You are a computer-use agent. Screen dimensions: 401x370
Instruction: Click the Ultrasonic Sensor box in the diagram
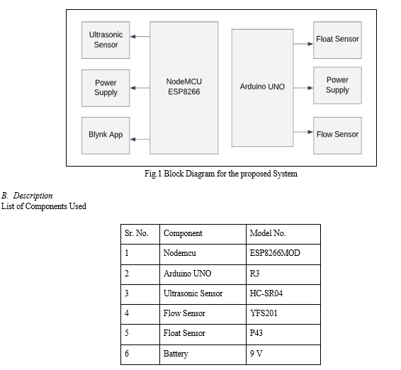tap(106, 40)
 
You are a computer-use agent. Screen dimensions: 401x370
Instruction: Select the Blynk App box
tap(106, 135)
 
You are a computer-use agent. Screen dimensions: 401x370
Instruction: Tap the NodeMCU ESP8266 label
tap(184, 86)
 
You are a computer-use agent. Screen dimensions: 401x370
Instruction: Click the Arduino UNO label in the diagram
tap(262, 86)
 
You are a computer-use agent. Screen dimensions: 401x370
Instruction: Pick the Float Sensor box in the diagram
tap(337, 40)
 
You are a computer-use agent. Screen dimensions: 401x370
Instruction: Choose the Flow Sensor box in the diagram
tap(337, 135)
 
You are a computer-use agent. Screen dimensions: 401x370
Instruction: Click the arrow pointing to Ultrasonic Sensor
tap(140, 37)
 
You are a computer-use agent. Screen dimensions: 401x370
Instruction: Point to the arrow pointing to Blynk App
tap(140, 139)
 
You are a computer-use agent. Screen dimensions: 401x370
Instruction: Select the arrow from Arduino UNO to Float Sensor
tap(303, 44)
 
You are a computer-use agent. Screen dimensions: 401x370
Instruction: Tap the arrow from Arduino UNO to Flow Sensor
tap(303, 132)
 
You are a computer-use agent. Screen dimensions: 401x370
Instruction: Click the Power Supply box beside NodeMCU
tap(106, 88)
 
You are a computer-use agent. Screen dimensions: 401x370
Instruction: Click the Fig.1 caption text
tap(221, 174)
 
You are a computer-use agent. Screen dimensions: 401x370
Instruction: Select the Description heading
tap(27, 196)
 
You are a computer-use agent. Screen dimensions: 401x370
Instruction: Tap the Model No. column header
tap(283, 234)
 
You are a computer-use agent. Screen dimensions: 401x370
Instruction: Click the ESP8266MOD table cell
tap(283, 254)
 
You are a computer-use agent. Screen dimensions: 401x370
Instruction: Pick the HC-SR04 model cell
tap(283, 295)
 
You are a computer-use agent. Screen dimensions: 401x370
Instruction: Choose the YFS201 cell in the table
tap(283, 315)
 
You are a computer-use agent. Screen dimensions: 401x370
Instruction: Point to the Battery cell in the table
tap(203, 354)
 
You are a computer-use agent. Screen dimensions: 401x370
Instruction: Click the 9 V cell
tap(283, 354)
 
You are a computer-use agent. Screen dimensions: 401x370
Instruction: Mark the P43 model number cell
tap(283, 335)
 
